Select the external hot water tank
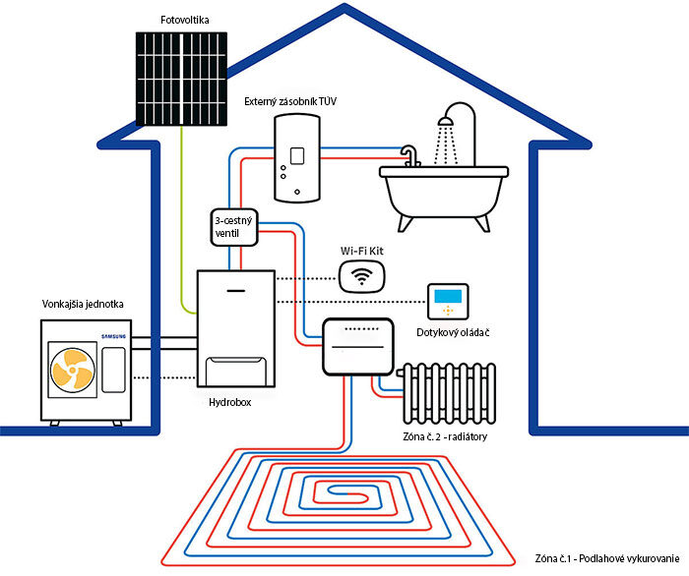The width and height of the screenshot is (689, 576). [x=296, y=157]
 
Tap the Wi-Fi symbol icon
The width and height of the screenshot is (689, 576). [x=362, y=276]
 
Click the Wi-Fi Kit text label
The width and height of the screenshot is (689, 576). [x=364, y=251]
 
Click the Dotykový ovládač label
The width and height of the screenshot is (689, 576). [x=454, y=333]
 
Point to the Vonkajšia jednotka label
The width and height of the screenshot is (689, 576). [x=83, y=304]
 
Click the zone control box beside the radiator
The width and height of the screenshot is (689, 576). [x=358, y=346]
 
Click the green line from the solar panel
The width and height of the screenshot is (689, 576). [x=182, y=226]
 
